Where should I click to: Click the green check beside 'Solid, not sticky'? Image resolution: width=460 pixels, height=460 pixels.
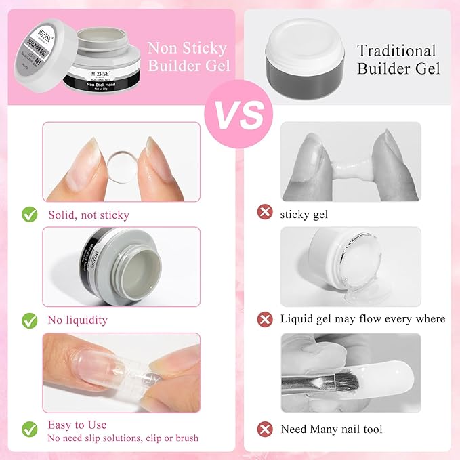click(29, 215)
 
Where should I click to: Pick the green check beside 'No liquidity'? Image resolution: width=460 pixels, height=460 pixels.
click(29, 320)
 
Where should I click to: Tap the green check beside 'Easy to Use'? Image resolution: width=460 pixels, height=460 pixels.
click(29, 429)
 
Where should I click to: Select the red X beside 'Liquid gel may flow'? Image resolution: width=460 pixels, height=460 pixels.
click(264, 318)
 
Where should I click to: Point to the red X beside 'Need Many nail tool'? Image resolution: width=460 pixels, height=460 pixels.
click(264, 429)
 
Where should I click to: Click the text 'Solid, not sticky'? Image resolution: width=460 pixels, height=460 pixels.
click(88, 215)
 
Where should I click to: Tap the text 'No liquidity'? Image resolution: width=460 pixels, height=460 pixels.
click(77, 320)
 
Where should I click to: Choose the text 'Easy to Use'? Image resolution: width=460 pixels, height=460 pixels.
click(77, 425)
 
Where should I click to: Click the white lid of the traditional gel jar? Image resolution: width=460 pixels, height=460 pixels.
click(302, 37)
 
